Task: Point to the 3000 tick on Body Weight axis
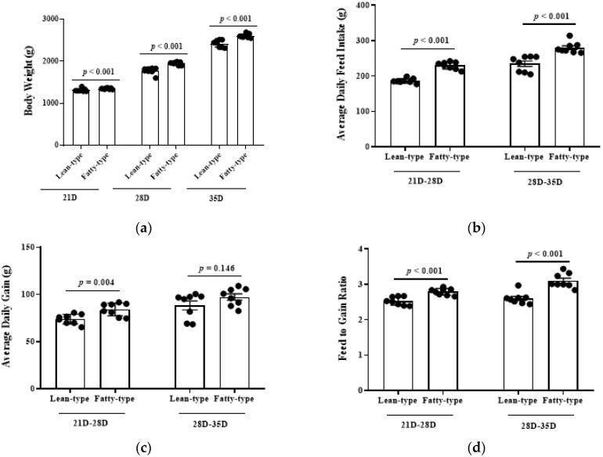click(50, 19)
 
